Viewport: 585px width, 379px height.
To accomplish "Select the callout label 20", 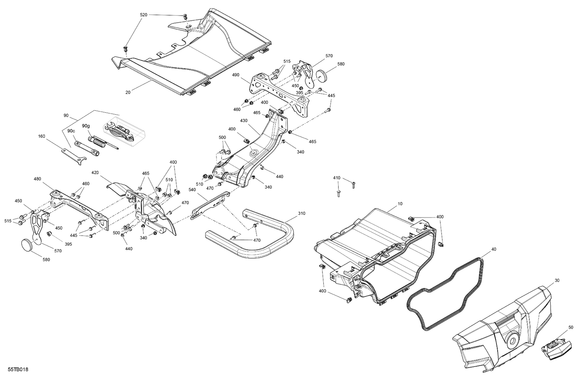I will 128,92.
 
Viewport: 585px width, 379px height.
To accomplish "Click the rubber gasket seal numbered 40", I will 445,289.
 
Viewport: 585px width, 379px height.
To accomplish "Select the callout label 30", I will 557,280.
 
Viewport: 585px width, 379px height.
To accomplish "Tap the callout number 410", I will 337,178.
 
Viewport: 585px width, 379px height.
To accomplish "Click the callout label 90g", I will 86,126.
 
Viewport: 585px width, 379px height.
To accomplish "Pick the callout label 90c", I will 71,131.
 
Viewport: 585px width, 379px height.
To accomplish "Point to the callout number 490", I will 235,74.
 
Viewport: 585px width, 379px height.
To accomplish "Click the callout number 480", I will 37,179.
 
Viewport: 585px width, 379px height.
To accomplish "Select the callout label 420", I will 95,172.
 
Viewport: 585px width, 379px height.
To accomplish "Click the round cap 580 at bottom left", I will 27,246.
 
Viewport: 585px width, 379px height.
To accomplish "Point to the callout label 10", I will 400,204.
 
